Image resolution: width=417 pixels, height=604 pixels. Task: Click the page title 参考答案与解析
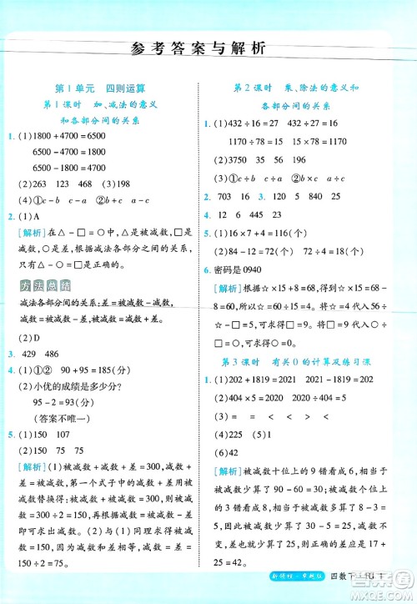208,48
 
